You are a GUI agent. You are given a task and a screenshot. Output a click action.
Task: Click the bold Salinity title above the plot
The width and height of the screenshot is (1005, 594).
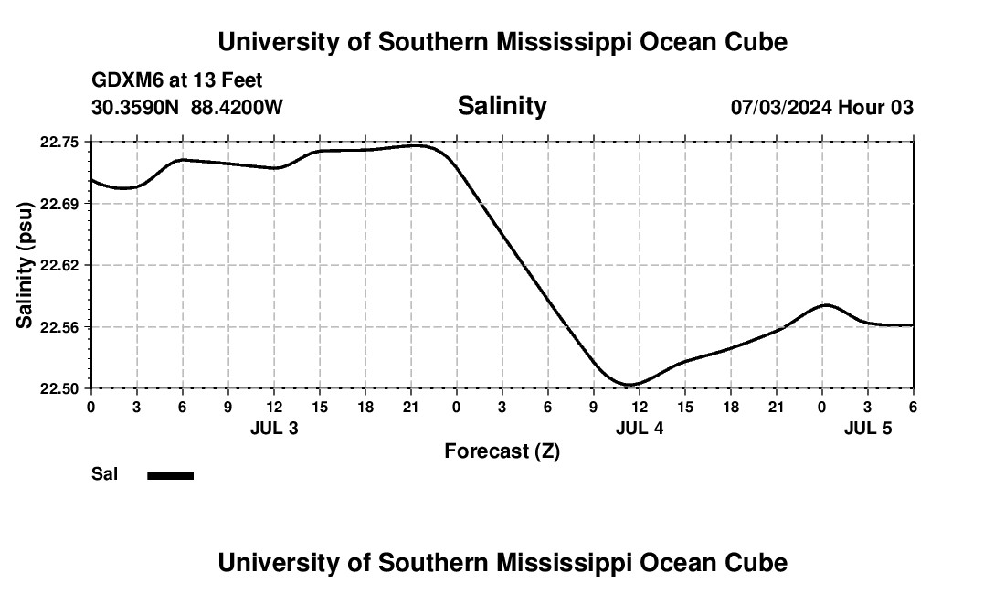(x=502, y=106)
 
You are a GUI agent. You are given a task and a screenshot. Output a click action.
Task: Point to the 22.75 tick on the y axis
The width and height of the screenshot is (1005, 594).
(x=59, y=142)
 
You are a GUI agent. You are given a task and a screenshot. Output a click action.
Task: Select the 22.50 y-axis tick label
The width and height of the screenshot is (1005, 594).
(x=59, y=388)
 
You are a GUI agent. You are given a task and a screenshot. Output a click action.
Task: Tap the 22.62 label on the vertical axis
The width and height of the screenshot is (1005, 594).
(x=59, y=265)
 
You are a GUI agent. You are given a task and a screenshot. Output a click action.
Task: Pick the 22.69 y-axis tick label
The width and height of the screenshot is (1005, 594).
(x=59, y=203)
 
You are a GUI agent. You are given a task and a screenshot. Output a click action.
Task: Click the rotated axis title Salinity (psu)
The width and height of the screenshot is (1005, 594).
(x=25, y=265)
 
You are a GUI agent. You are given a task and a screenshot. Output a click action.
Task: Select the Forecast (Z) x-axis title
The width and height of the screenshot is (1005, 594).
(x=502, y=451)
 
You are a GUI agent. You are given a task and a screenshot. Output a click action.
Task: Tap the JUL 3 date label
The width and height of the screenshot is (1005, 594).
(x=273, y=428)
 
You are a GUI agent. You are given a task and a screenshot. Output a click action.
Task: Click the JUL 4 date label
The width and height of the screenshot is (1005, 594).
(x=639, y=428)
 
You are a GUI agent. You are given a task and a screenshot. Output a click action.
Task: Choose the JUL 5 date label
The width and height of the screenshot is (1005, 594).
(x=867, y=428)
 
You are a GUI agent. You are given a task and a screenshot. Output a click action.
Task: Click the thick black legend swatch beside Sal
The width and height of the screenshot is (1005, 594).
(x=170, y=475)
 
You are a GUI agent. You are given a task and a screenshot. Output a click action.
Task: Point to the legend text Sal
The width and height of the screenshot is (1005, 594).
(x=104, y=474)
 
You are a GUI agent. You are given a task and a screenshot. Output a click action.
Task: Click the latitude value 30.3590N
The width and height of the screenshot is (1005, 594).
(x=136, y=107)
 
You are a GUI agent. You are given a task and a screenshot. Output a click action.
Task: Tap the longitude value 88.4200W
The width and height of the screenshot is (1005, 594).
(x=237, y=107)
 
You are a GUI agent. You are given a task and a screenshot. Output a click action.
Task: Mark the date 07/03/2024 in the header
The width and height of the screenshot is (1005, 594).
(x=781, y=107)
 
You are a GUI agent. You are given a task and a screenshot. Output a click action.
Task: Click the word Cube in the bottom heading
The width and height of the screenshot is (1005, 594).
(x=756, y=562)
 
